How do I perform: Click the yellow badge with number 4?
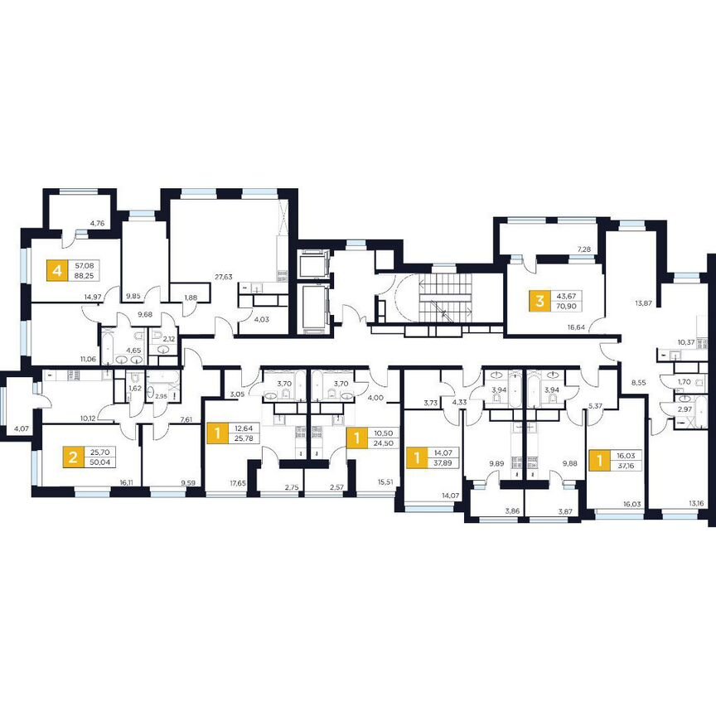[x=56, y=270]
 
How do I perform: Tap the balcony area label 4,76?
[x=98, y=223]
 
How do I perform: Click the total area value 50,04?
[x=99, y=464]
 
